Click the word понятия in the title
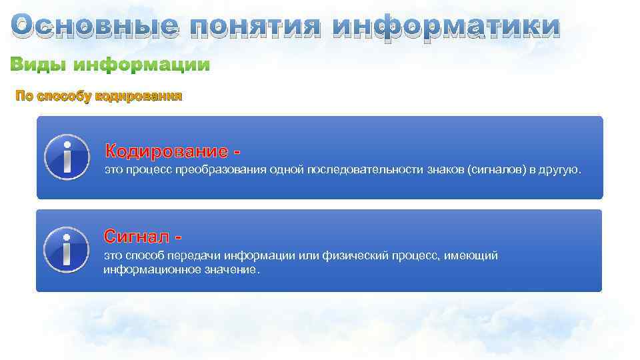pos(256,27)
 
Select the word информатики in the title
pos(446,27)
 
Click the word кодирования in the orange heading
pos(139,97)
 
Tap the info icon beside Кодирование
pos(67,157)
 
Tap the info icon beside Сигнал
pos(67,250)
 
